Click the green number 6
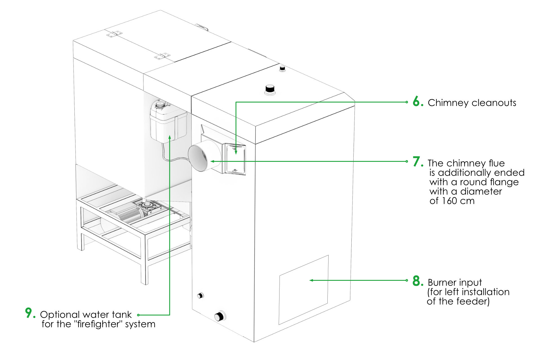click(x=418, y=101)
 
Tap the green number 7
click(x=418, y=162)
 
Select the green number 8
click(x=418, y=281)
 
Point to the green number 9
click(x=30, y=313)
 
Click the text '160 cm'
click(x=458, y=201)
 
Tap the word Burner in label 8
click(x=440, y=282)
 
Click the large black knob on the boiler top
click(x=270, y=89)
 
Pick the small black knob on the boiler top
click(x=282, y=68)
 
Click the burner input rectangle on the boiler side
click(x=304, y=290)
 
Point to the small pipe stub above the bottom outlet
click(x=200, y=295)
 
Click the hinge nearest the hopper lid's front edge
click(x=162, y=56)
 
